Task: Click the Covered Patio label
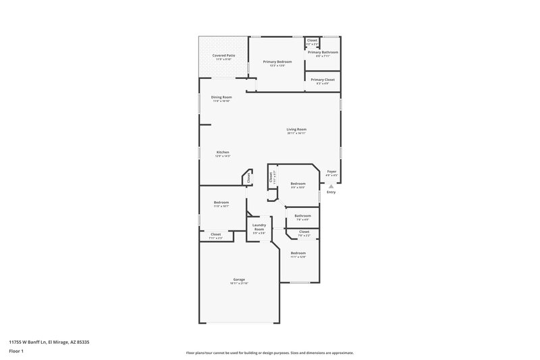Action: click(223, 55)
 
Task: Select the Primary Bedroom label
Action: click(277, 61)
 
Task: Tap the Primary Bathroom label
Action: click(323, 52)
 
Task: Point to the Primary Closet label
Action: click(323, 80)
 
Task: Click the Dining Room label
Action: click(221, 97)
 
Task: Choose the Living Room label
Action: click(296, 129)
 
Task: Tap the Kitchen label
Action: click(223, 152)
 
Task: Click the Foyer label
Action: click(331, 172)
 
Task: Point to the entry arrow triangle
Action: click(331, 186)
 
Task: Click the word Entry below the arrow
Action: click(331, 192)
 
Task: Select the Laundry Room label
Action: click(259, 227)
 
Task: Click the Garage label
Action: click(239, 279)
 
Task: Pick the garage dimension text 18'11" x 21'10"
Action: click(239, 283)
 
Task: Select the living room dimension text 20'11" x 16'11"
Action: click(296, 133)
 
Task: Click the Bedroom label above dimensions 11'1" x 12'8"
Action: click(298, 253)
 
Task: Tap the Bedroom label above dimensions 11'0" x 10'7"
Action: click(221, 203)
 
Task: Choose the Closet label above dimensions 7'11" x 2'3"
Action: click(215, 234)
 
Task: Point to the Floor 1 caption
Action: click(16, 352)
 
